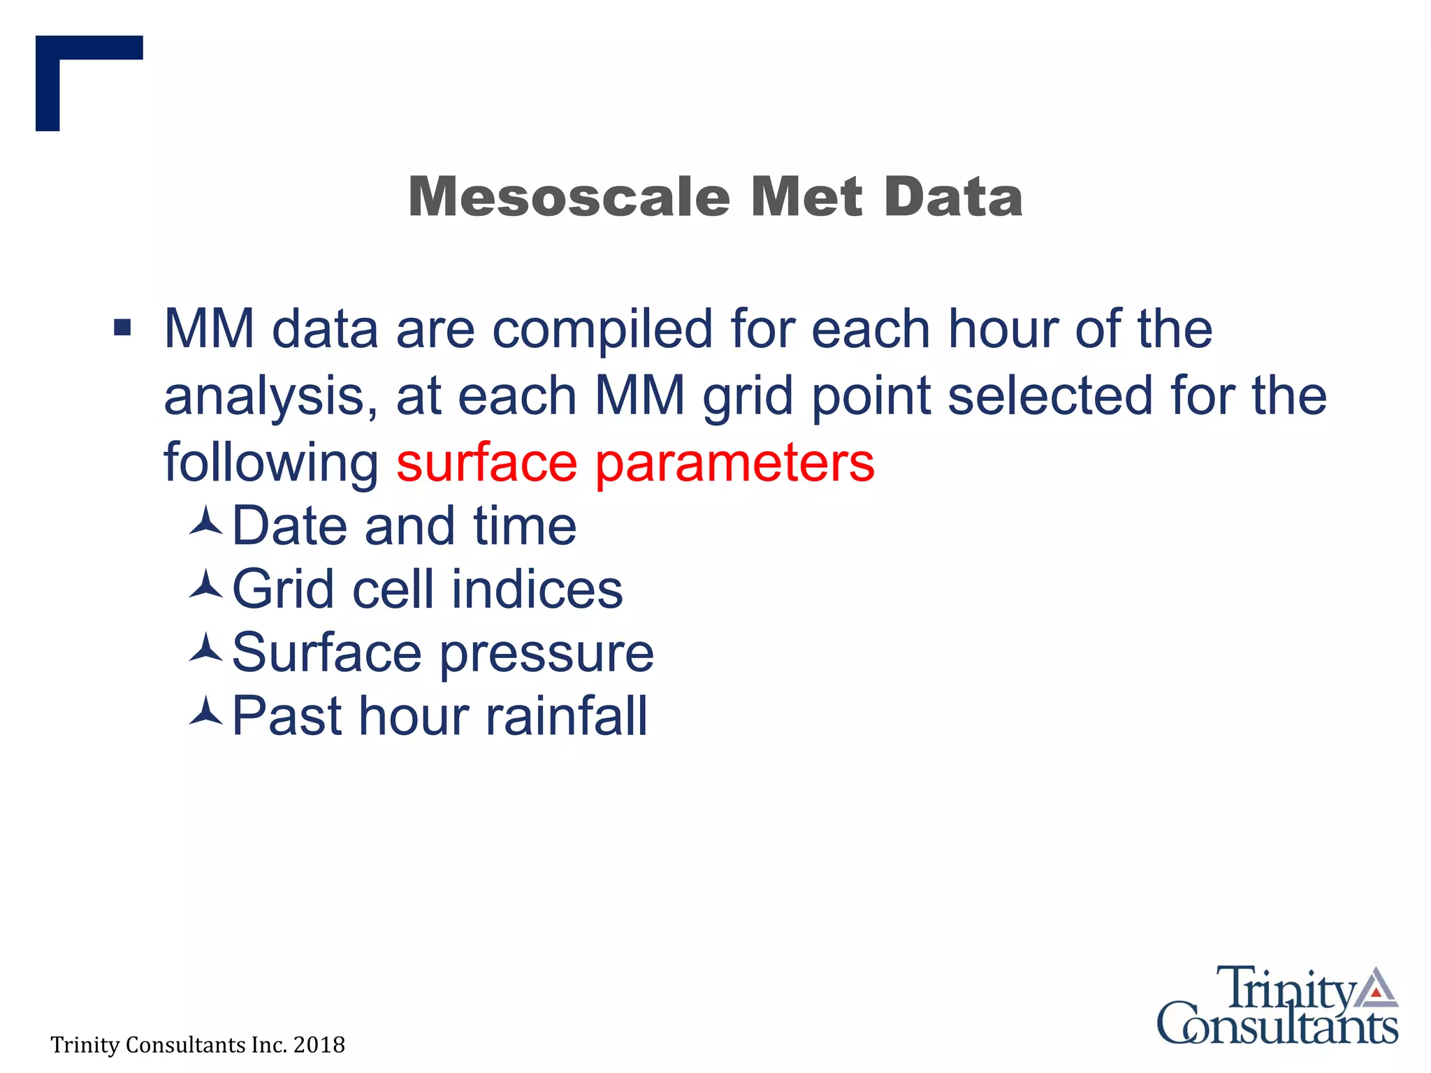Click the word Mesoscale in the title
(569, 197)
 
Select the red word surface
(486, 462)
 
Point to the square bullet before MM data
(122, 327)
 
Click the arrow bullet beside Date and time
(206, 523)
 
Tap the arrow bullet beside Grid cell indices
(206, 585)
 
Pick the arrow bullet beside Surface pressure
(206, 649)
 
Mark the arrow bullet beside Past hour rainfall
(206, 712)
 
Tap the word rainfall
(567, 716)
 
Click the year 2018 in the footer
(319, 1045)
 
